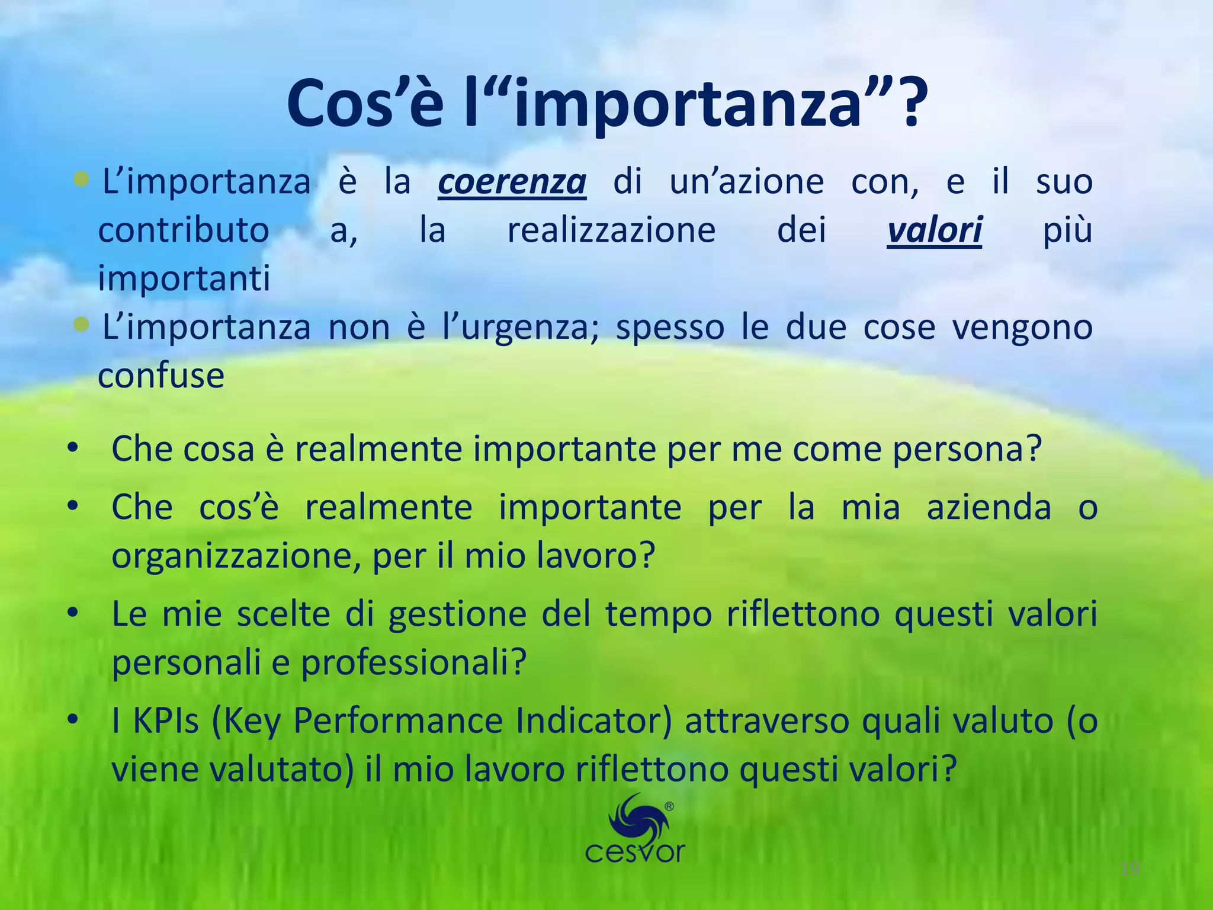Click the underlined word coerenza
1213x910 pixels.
[x=512, y=182]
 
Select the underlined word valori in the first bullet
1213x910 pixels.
[x=934, y=230]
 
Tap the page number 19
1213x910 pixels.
[x=1130, y=869]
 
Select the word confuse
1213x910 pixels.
[x=161, y=376]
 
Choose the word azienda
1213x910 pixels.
[x=989, y=508]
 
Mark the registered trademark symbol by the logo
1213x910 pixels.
[x=669, y=806]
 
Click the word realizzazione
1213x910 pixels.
[x=611, y=230]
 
